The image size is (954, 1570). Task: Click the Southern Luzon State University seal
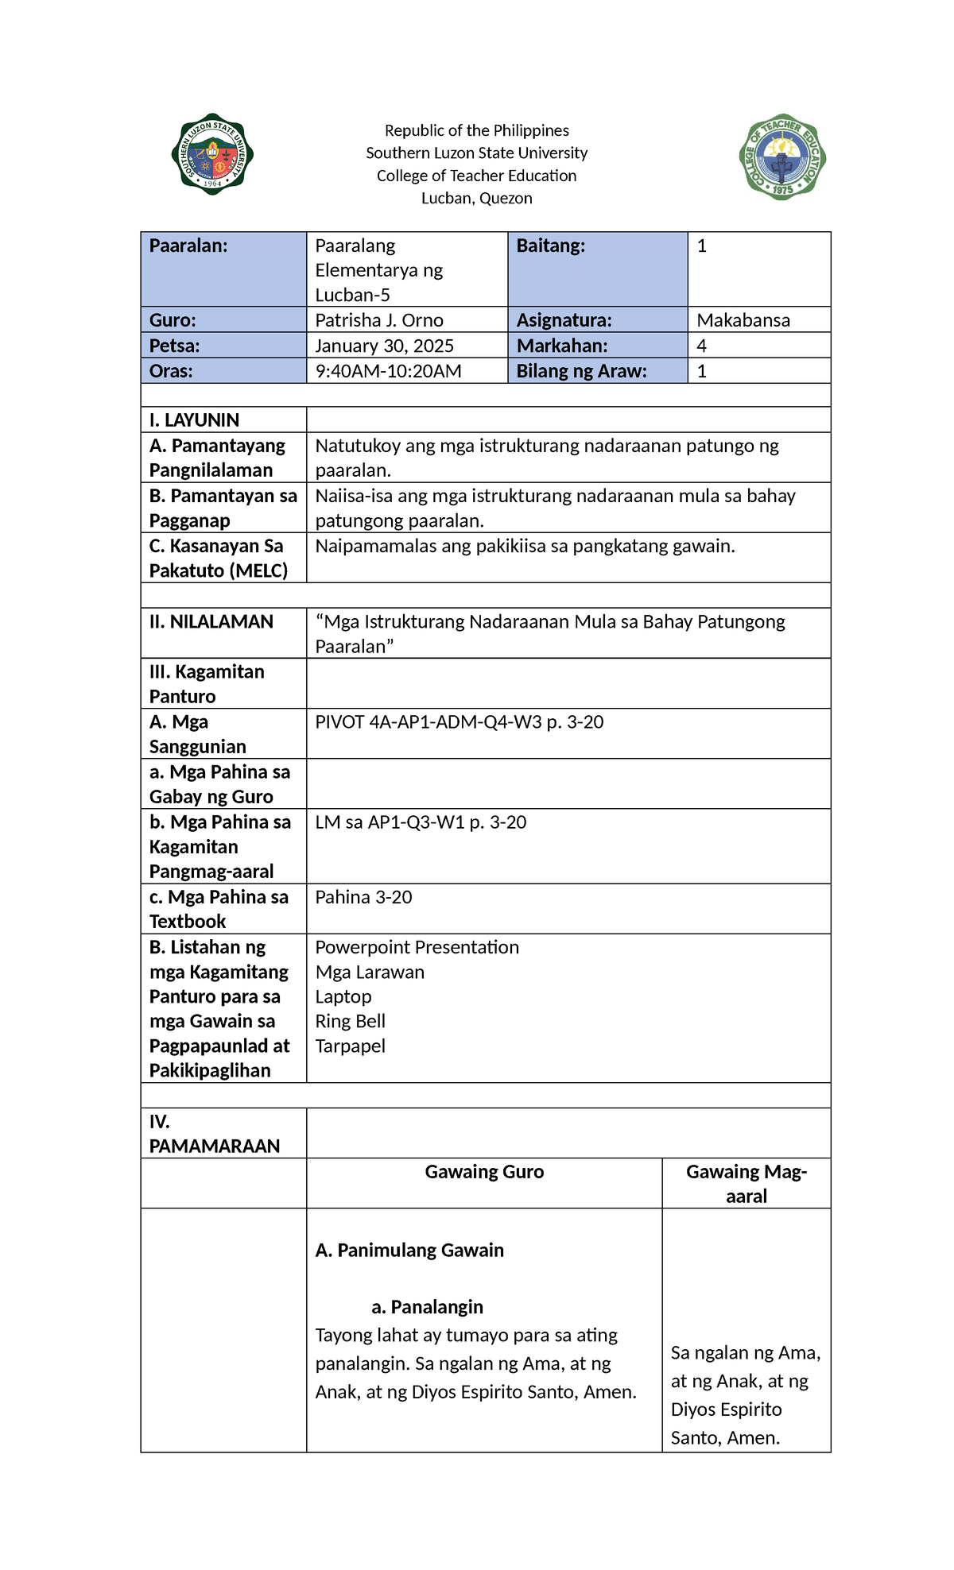pyautogui.click(x=212, y=154)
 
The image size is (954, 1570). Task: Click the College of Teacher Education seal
pyautogui.click(x=782, y=157)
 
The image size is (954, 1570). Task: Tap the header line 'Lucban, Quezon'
pyautogui.click(x=476, y=198)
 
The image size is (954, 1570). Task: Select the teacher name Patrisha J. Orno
pyautogui.click(x=379, y=320)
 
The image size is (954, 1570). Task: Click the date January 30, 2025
pyautogui.click(x=384, y=346)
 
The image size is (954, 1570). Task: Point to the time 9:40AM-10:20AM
pyautogui.click(x=388, y=371)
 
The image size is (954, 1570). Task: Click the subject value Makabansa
pyautogui.click(x=743, y=320)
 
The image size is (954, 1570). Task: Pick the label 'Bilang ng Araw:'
pyautogui.click(x=581, y=371)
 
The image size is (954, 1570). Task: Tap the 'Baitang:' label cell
pyautogui.click(x=550, y=246)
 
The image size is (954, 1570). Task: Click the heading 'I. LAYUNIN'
pyautogui.click(x=194, y=420)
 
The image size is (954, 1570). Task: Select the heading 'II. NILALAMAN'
pyautogui.click(x=211, y=622)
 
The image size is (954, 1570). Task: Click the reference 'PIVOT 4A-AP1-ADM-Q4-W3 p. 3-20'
pyautogui.click(x=459, y=722)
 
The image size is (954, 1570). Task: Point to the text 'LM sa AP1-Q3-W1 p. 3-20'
pyautogui.click(x=421, y=822)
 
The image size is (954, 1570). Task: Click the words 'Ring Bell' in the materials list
pyautogui.click(x=350, y=1021)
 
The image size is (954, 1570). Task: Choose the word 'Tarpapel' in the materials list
pyautogui.click(x=350, y=1046)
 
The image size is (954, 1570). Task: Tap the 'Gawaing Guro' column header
pyautogui.click(x=484, y=1172)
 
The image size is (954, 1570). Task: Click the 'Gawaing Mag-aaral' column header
pyautogui.click(x=746, y=1184)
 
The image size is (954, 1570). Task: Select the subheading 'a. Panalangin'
pyautogui.click(x=427, y=1307)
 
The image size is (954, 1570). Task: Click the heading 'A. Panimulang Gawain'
pyautogui.click(x=409, y=1251)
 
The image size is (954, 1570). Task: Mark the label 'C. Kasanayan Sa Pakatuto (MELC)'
pyautogui.click(x=218, y=558)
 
